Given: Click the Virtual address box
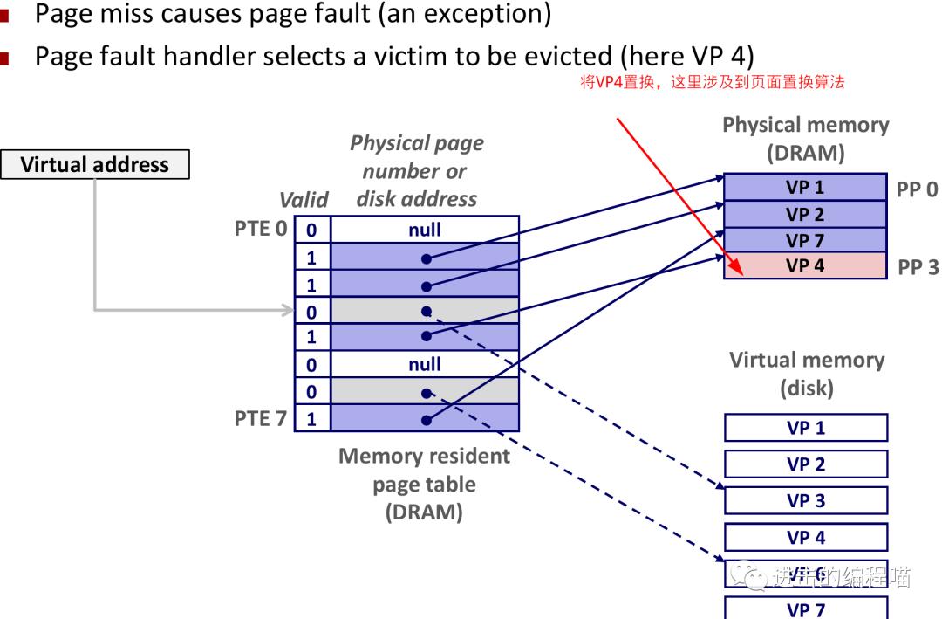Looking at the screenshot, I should (95, 165).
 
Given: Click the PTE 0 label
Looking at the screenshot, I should (261, 230).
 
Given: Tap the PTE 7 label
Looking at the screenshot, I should (261, 418).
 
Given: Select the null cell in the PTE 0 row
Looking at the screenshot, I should (425, 230).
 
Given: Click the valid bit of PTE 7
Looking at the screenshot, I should (311, 419).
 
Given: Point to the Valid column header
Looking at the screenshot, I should (304, 200).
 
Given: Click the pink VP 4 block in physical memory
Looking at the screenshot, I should (805, 266).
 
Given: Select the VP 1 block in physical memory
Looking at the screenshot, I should (805, 187).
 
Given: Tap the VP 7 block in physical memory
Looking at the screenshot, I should (805, 240).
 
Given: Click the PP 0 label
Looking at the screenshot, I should (918, 189).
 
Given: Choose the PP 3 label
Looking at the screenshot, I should (918, 267).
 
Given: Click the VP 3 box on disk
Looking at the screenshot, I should (806, 500).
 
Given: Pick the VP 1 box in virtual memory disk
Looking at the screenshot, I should (806, 428).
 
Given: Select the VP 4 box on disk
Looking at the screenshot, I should (806, 537).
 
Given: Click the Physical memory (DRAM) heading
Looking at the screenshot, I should (805, 139).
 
